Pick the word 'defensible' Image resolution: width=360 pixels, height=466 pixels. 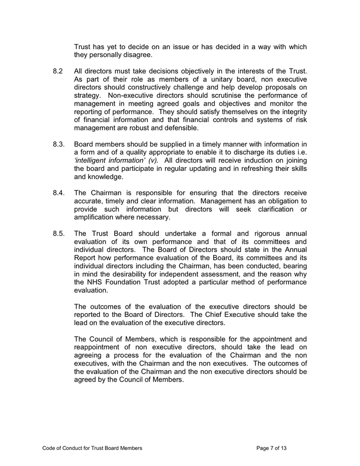180,128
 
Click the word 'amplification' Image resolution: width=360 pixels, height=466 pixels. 98,217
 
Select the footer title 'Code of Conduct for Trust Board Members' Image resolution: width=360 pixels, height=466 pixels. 92,447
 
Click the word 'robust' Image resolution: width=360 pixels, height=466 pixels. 136,128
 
